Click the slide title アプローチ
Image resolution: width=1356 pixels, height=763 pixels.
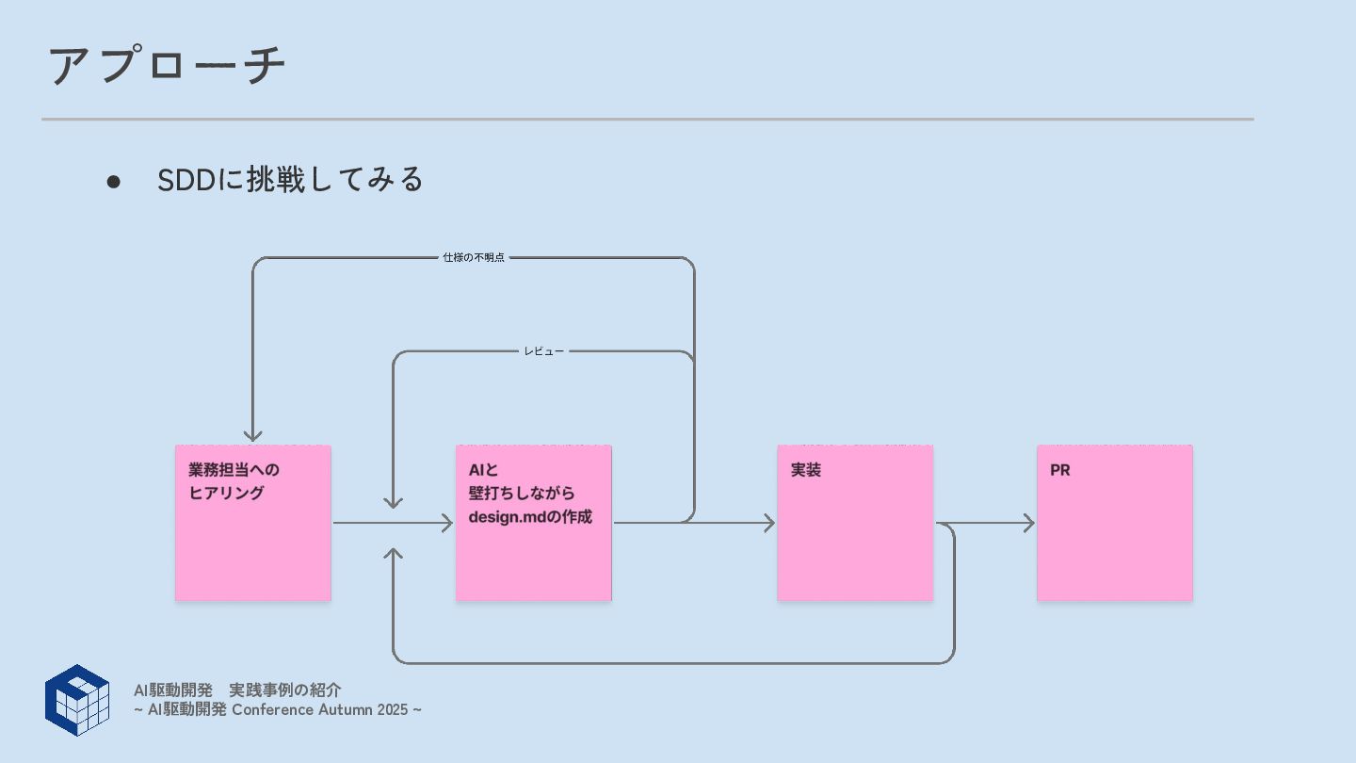(167, 66)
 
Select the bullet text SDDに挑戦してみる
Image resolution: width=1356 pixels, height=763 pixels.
(290, 179)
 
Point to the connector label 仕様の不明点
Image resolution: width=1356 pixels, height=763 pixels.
(474, 257)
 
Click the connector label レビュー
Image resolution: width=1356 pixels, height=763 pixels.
(543, 351)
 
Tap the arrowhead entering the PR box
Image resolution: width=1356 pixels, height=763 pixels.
(1028, 523)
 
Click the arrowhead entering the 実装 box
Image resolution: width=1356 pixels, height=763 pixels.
(768, 523)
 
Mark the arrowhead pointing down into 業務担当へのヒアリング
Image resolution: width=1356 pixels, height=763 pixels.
(252, 435)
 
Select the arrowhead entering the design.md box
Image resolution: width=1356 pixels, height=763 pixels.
(447, 523)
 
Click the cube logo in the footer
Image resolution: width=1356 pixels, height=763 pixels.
(77, 700)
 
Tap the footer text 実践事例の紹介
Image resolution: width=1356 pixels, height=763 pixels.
(284, 690)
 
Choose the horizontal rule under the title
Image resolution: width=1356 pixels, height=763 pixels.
(647, 120)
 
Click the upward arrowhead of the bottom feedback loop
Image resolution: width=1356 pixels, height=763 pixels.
(394, 553)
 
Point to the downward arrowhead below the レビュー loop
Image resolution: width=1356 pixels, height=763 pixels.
(394, 502)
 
